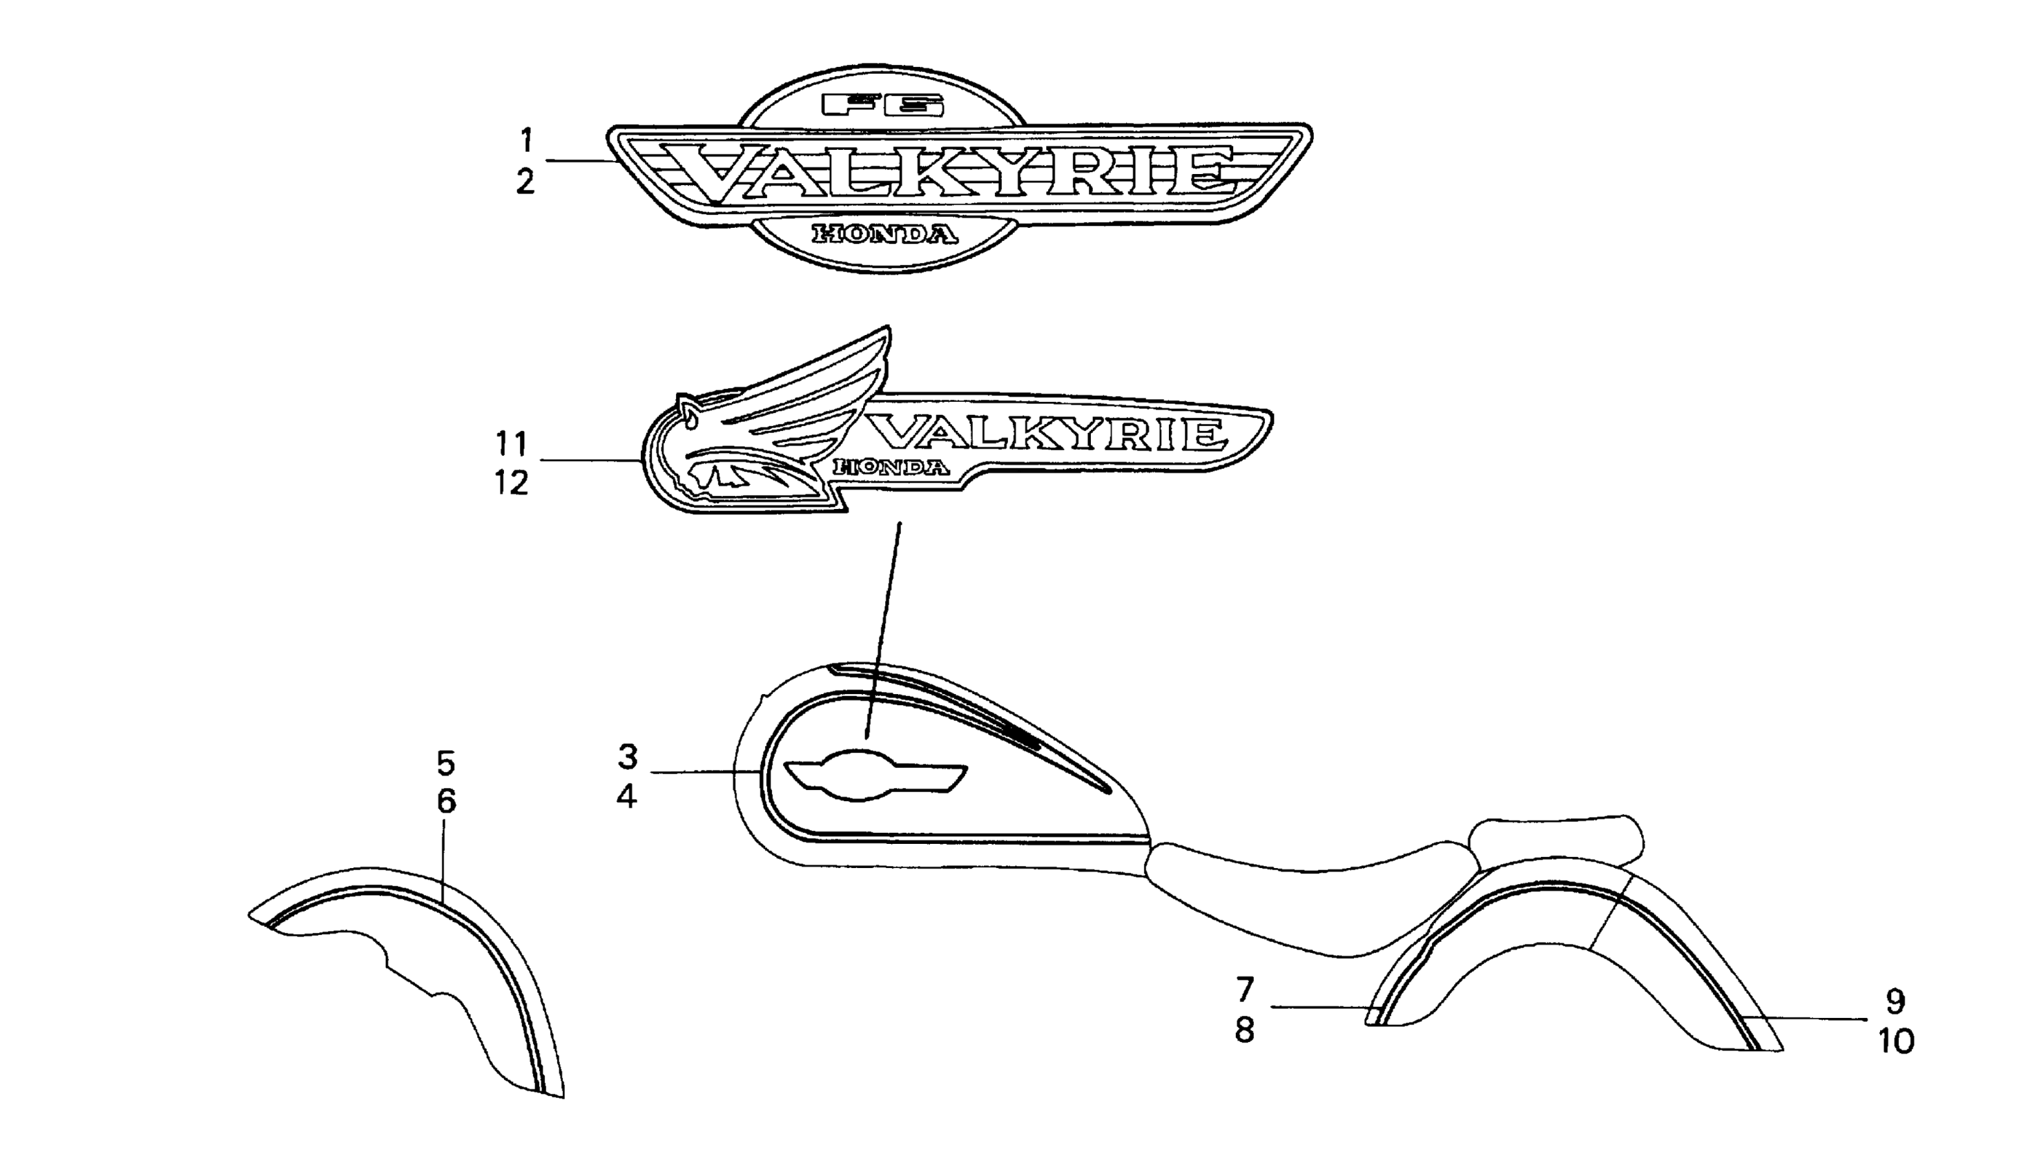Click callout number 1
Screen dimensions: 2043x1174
pos(526,141)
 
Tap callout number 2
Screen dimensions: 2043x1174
pos(525,182)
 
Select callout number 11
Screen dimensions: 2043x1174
pos(512,443)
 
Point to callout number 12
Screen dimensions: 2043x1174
pos(512,483)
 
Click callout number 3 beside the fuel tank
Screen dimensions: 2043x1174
pos(628,757)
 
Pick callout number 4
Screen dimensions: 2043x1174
pos(627,798)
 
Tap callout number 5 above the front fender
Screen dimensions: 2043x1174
pos(445,762)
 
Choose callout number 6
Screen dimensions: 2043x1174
pos(445,802)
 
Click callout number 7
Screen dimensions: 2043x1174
pos(1245,988)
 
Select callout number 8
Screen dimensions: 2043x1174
pos(1245,1030)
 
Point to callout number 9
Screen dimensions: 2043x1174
pos(1895,1001)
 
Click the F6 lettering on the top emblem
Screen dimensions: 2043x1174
pos(882,106)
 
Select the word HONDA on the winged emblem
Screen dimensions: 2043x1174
pos(890,467)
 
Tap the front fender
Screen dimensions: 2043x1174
pos(419,959)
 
